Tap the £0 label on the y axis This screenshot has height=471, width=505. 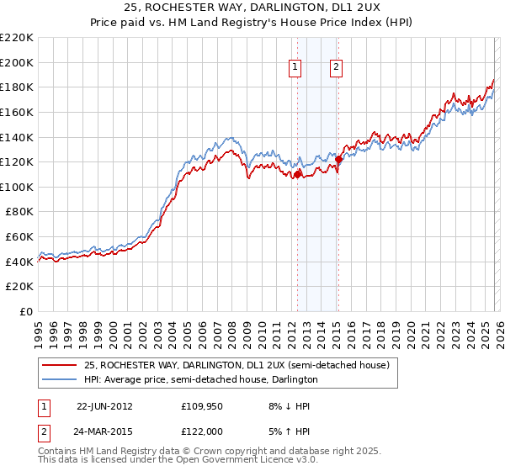tap(26, 311)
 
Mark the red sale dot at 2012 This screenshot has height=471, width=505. tap(297, 174)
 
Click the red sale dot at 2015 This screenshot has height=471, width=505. tap(338, 159)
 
